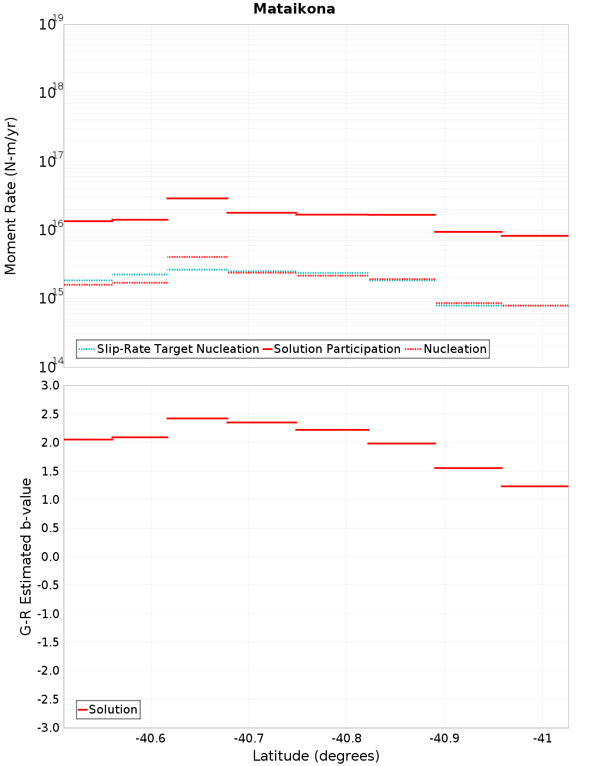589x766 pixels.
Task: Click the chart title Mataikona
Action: tap(294, 9)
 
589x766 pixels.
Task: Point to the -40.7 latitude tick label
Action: tap(248, 738)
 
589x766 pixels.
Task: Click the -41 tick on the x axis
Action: tap(542, 738)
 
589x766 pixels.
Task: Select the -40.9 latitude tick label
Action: tap(444, 738)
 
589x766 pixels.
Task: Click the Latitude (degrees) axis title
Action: tap(316, 756)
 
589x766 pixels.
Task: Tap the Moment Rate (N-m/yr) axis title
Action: tap(11, 196)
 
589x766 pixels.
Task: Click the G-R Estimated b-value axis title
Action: tap(26, 556)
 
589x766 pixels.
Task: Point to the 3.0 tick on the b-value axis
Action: tap(49, 385)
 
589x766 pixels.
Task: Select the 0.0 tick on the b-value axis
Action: tap(49, 556)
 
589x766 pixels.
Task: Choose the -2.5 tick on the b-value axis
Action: tap(48, 699)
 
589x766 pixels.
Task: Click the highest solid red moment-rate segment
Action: tap(197, 198)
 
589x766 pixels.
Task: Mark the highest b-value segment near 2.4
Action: tap(197, 418)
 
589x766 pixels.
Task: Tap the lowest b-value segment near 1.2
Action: tap(534, 486)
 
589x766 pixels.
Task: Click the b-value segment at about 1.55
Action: tap(468, 468)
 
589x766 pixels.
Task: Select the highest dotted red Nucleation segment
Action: tap(197, 257)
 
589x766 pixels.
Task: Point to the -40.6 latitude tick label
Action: tap(150, 738)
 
